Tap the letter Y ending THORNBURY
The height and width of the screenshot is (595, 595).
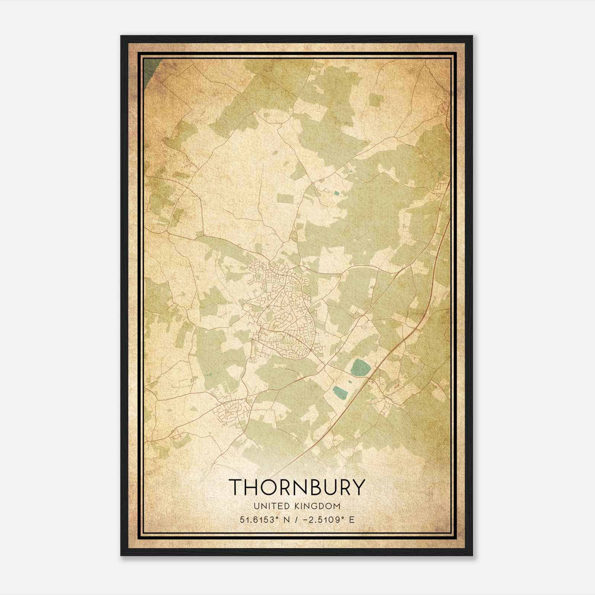(x=357, y=487)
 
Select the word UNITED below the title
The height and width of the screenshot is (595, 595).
(x=267, y=506)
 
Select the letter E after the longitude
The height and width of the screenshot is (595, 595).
(x=351, y=520)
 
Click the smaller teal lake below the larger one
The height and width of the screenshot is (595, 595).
(x=339, y=392)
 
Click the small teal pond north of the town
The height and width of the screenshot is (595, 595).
(x=337, y=193)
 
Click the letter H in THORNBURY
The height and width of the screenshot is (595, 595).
(x=250, y=487)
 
